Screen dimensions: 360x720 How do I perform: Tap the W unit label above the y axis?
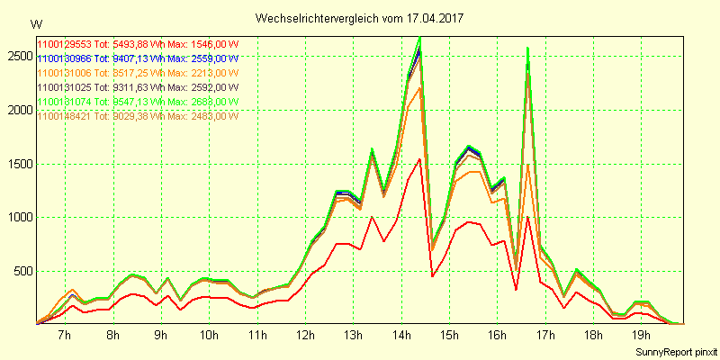35,23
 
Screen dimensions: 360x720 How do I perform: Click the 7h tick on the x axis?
64,336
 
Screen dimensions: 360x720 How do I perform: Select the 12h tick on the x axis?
305,336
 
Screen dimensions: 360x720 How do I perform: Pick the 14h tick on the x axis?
401,336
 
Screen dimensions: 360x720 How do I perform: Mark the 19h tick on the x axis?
642,336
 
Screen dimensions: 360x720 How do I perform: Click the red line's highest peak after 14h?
420,159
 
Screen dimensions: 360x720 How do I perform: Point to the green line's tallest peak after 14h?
420,38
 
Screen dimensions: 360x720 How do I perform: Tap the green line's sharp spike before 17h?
527,48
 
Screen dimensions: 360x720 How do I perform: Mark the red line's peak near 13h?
372,217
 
